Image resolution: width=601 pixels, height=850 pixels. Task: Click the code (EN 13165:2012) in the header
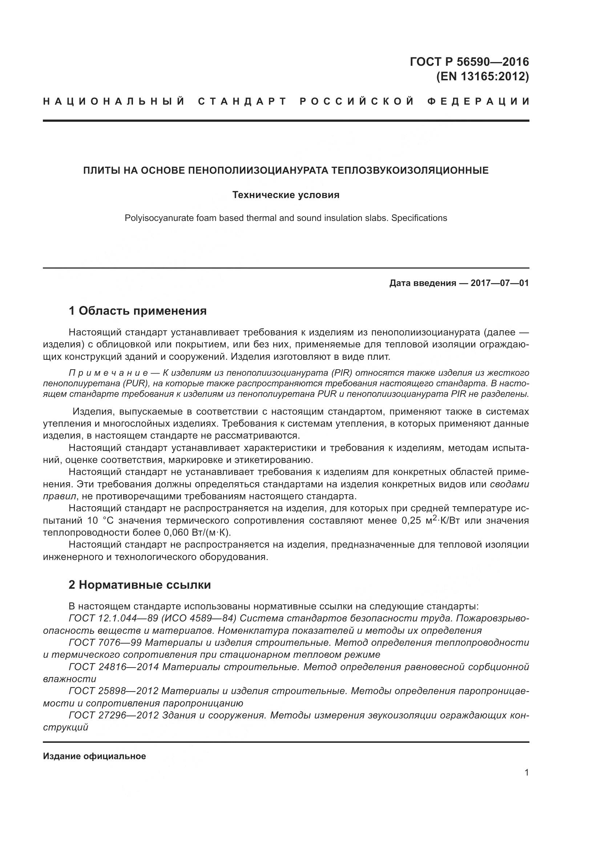[x=483, y=77]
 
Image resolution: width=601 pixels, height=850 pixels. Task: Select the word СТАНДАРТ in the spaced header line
[x=242, y=101]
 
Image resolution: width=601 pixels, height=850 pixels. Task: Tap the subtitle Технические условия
[x=286, y=195]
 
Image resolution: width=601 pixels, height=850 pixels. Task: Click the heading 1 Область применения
[x=138, y=311]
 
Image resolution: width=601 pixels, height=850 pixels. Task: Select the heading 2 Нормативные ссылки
[x=140, y=585]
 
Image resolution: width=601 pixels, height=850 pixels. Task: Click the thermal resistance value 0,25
[x=411, y=521]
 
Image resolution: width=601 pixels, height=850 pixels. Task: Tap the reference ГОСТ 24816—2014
[x=114, y=667]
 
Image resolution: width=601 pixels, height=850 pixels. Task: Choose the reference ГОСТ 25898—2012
[x=114, y=691]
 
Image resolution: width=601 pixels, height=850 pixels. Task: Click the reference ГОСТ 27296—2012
[x=114, y=715]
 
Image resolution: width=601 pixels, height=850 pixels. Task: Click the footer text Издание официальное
[x=94, y=756]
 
